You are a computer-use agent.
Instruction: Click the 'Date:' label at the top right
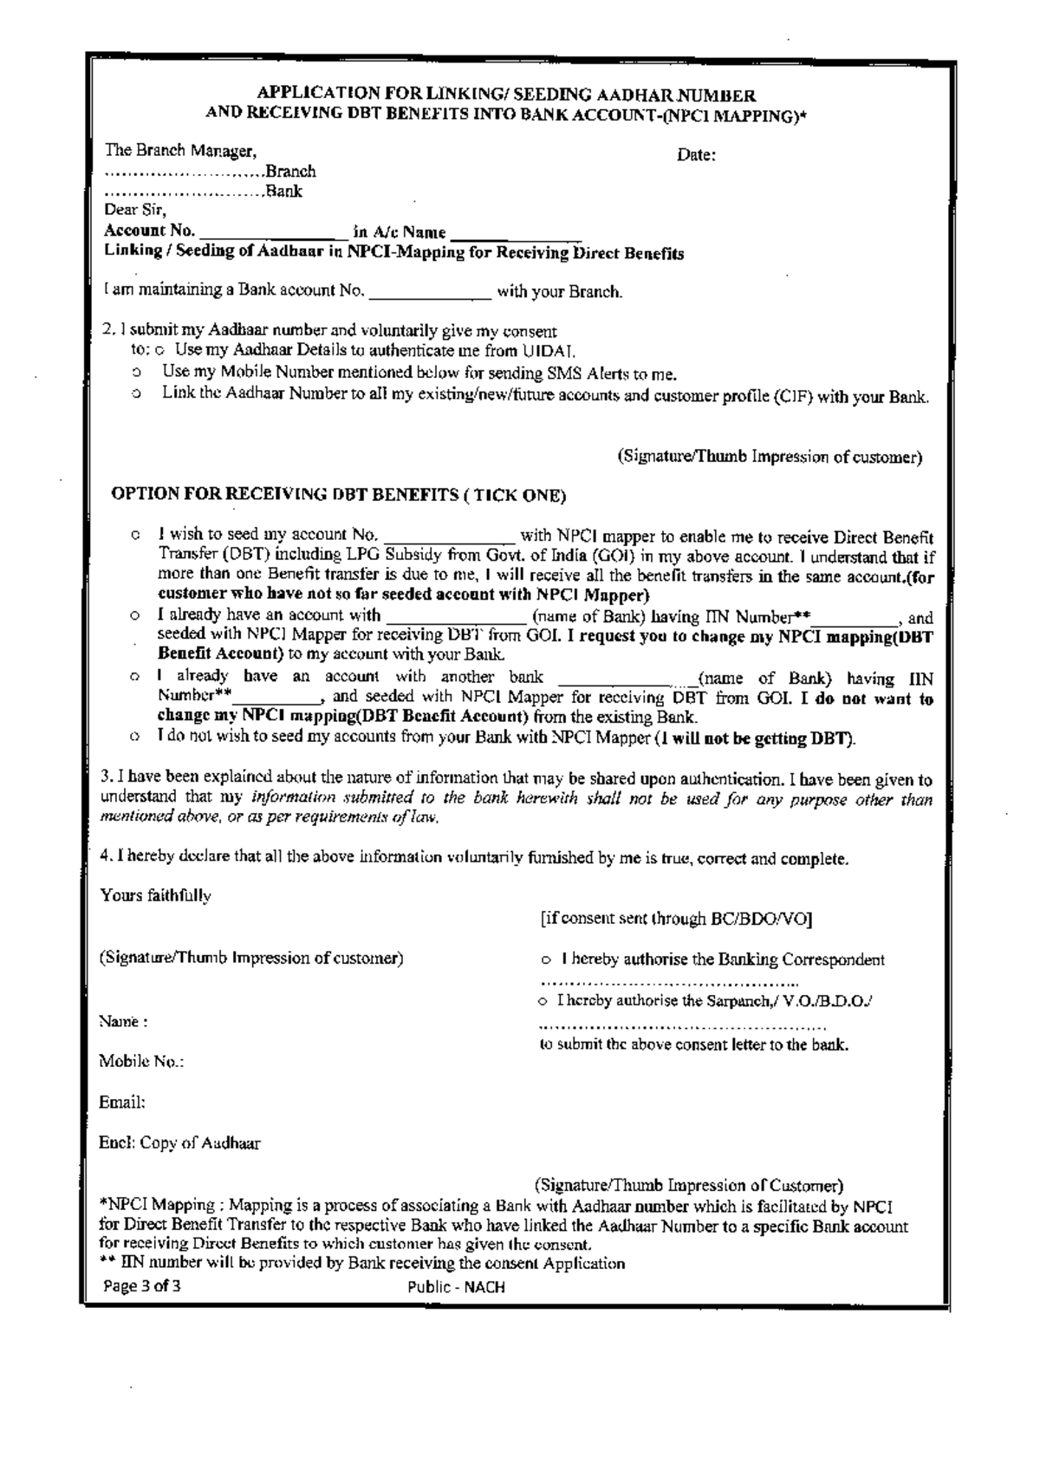(696, 156)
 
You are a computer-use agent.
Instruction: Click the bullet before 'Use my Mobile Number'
(137, 374)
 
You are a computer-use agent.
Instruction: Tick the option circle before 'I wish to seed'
(135, 537)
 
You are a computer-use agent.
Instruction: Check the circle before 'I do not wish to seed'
(135, 738)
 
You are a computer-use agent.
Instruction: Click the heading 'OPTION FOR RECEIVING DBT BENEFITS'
(339, 496)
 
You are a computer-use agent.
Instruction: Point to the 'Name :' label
(123, 1022)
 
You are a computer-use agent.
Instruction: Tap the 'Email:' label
(121, 1103)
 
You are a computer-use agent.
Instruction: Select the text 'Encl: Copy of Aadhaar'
(179, 1143)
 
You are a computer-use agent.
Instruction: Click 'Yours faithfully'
(156, 895)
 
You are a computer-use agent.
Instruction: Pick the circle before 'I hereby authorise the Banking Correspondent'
(546, 960)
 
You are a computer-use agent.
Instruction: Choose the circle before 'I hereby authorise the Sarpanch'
(543, 1002)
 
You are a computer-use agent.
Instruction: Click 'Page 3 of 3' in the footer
(142, 1286)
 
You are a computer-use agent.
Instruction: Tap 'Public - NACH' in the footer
(456, 1287)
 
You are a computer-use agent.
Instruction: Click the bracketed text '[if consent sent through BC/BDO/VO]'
(675, 919)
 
